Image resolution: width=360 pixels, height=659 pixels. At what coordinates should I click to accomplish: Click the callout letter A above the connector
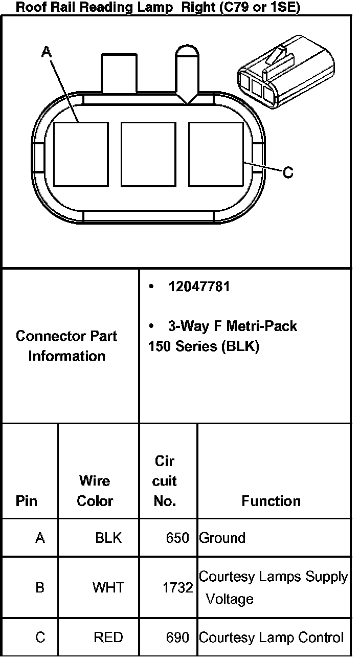[46, 52]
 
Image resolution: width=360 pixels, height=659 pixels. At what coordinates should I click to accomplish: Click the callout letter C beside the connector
[288, 173]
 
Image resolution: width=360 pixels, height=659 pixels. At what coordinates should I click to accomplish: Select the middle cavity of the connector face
[148, 154]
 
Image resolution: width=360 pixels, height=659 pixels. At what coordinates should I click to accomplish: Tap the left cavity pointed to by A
[81, 154]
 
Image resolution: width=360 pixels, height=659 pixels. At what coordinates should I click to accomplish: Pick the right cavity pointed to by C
[216, 154]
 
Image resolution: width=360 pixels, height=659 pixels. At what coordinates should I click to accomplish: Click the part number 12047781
[199, 287]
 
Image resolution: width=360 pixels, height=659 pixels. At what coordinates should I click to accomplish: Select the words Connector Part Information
[66, 346]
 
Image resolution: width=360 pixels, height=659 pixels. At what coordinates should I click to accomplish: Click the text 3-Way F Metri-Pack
[232, 326]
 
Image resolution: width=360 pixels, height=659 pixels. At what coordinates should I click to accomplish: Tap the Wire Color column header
[95, 491]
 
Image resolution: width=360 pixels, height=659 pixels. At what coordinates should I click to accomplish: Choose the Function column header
[271, 500]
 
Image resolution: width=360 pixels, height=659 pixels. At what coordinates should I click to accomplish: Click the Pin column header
[27, 500]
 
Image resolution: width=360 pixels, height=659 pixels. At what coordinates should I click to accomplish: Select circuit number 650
[177, 538]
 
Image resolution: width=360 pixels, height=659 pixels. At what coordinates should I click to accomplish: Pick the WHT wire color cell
[108, 587]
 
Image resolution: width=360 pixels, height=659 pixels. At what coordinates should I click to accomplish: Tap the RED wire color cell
[108, 638]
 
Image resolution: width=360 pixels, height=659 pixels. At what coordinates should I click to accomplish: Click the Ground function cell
[222, 538]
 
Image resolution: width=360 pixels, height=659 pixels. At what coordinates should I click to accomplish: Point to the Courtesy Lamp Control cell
[271, 638]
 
